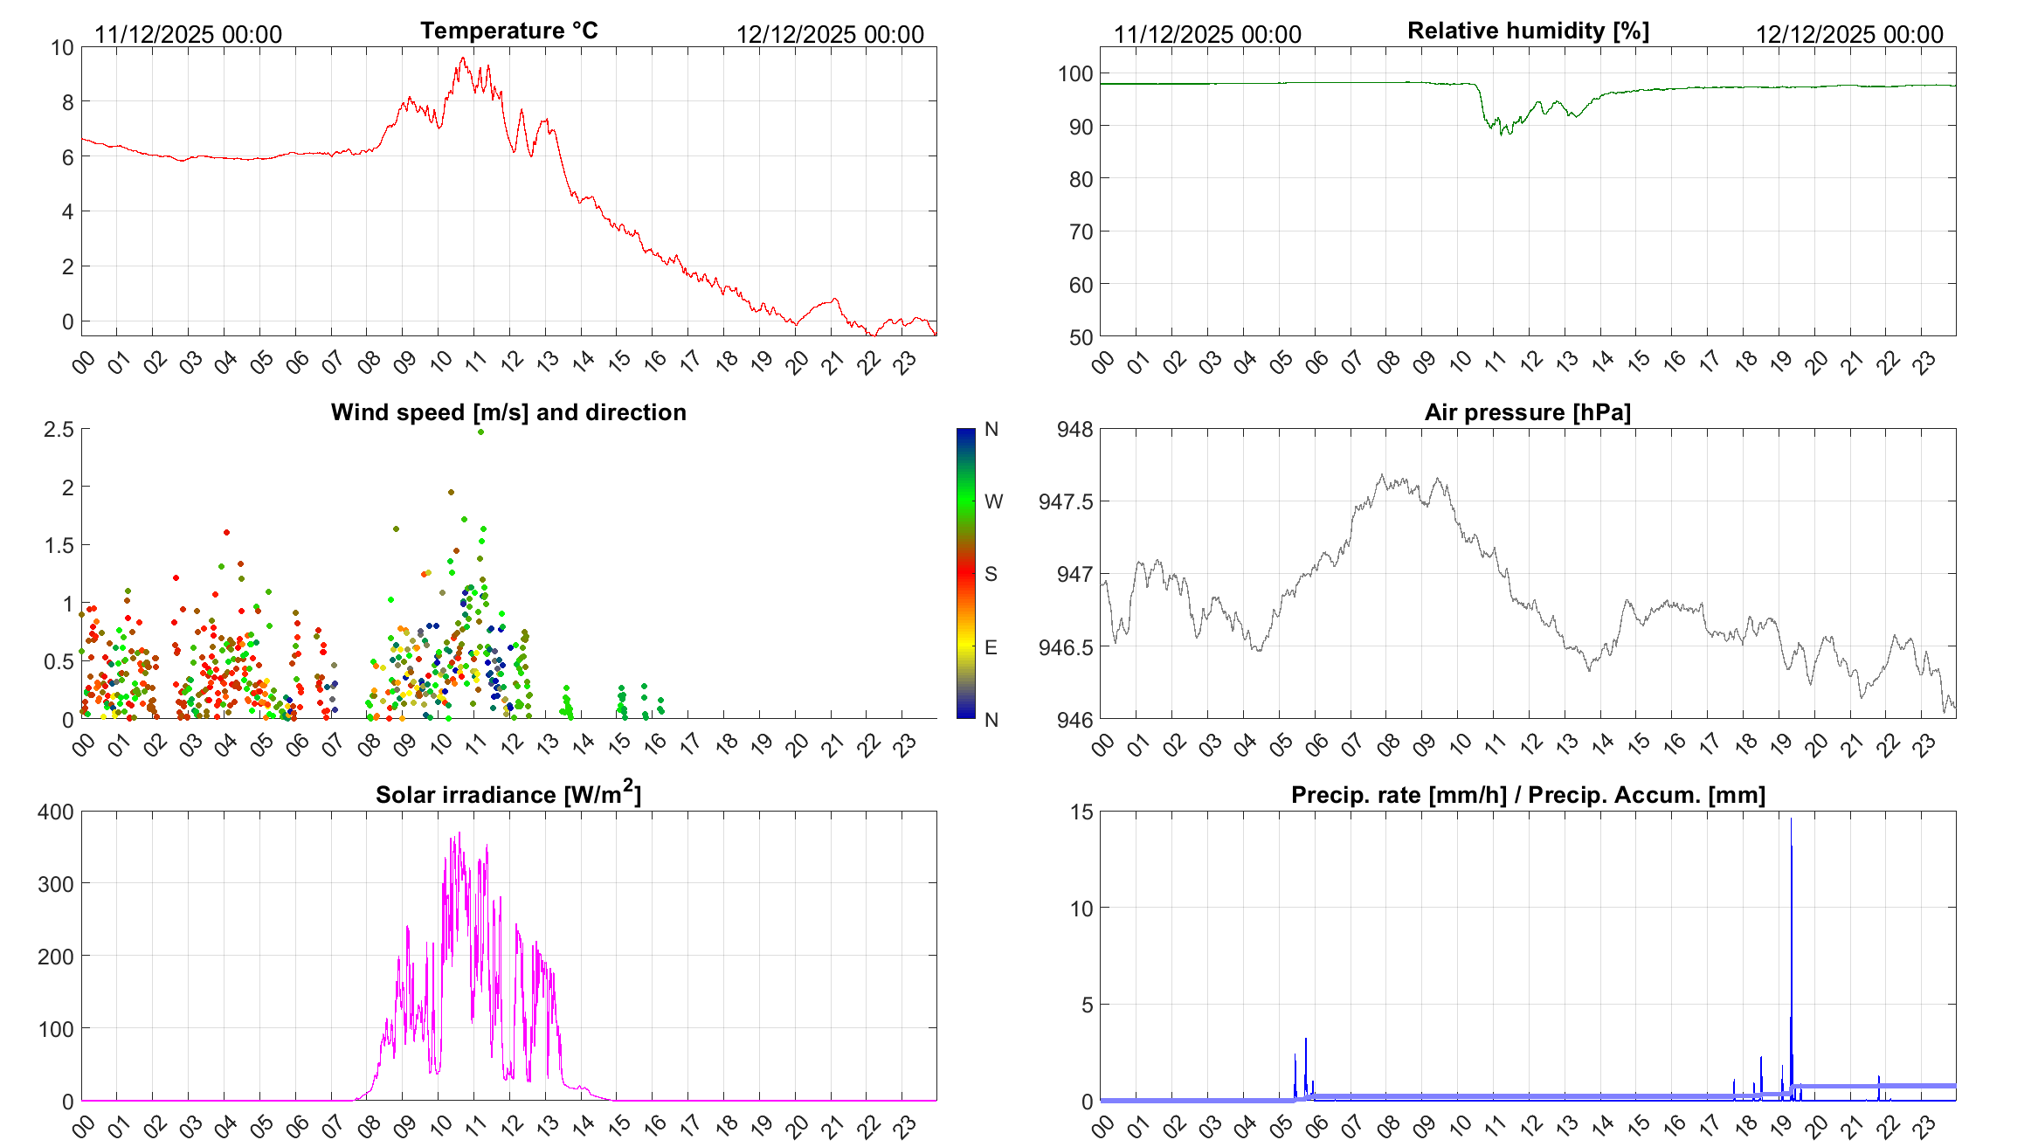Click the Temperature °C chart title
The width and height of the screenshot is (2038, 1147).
(x=509, y=31)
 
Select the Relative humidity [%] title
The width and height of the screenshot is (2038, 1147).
(x=1528, y=31)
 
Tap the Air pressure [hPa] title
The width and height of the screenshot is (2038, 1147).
(x=1527, y=412)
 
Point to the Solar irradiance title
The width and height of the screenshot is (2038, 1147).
(x=508, y=793)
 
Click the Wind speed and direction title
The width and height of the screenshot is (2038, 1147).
(x=508, y=412)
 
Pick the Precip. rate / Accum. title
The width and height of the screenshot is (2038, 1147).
(x=1528, y=795)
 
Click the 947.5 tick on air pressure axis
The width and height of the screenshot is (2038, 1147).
(x=1065, y=501)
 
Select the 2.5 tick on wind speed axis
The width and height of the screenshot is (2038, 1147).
(x=59, y=429)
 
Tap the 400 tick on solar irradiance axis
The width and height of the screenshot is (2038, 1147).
(x=56, y=812)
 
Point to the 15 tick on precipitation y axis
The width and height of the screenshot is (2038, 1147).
(x=1081, y=812)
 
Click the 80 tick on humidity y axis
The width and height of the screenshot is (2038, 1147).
(x=1081, y=179)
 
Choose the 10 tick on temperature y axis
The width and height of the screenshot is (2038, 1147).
(x=62, y=47)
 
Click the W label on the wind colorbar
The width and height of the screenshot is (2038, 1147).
(x=993, y=501)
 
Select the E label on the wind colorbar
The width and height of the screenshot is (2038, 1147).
(x=991, y=647)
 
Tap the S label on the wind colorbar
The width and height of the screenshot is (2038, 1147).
(x=991, y=574)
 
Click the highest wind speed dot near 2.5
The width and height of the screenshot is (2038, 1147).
(x=480, y=432)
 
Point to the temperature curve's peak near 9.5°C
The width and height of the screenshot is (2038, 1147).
(x=463, y=59)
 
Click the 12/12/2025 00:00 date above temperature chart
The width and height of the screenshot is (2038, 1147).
(x=830, y=34)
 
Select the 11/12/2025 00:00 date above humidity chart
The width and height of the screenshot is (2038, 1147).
(x=1207, y=34)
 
